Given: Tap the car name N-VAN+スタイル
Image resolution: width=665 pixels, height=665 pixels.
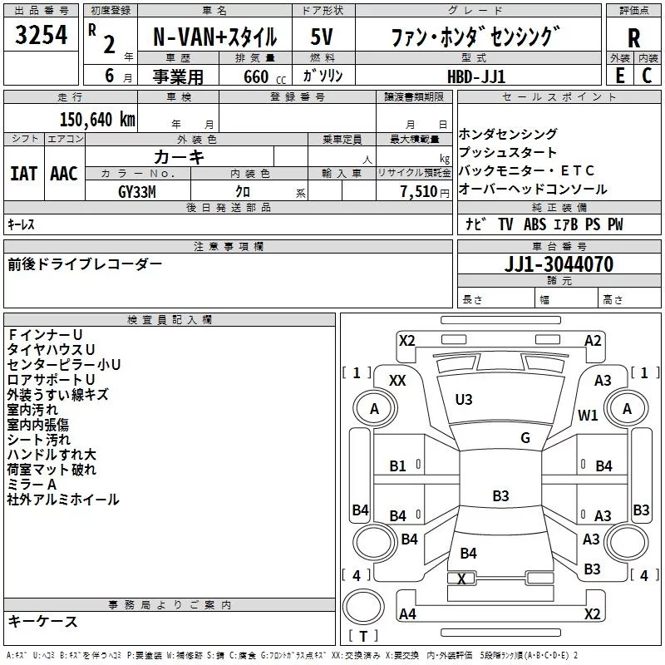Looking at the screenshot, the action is coord(214,38).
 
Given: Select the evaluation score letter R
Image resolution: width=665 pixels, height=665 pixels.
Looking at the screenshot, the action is coord(633,37).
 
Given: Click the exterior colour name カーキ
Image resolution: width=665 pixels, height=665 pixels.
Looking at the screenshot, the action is coord(179,156).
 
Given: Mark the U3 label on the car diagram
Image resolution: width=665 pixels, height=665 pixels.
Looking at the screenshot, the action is coord(464,400).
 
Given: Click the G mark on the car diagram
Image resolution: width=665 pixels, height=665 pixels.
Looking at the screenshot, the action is coord(525,438).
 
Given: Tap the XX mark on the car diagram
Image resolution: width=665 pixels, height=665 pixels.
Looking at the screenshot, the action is coord(397,380).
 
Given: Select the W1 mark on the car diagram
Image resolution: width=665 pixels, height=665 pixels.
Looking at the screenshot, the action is coord(588,415).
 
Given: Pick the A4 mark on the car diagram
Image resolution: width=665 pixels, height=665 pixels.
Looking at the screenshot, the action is coord(407,614).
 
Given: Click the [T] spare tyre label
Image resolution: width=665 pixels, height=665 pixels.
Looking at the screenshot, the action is coord(363,636).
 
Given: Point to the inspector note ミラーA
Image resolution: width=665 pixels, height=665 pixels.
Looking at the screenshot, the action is coord(32,485).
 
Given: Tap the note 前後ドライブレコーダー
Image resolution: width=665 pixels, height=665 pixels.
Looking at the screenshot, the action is coord(85,264).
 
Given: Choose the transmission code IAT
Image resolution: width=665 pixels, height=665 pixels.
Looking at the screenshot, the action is coord(23,173).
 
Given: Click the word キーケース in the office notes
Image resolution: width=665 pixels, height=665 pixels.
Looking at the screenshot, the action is coord(43,622).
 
